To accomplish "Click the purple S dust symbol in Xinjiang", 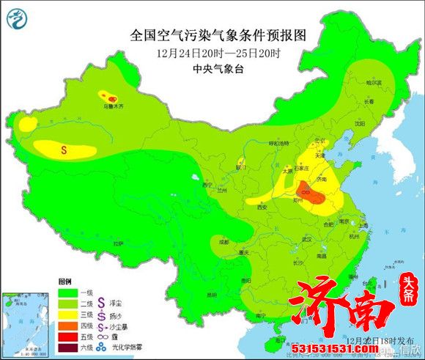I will tap(64, 150).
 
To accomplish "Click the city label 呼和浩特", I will tap(260, 144).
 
